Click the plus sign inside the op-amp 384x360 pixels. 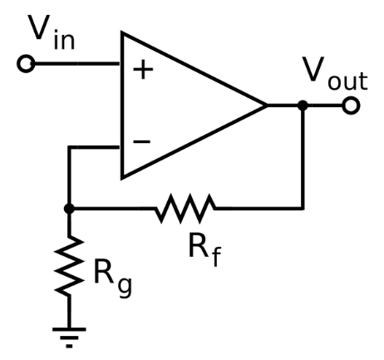click(x=143, y=69)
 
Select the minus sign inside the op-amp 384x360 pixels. click(x=142, y=142)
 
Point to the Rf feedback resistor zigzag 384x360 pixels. click(x=185, y=209)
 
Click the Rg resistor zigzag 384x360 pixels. click(x=69, y=266)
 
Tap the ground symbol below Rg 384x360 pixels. click(x=69, y=338)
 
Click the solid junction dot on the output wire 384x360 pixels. click(x=303, y=106)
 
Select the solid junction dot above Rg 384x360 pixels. click(x=69, y=209)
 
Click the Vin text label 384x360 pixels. click(x=52, y=32)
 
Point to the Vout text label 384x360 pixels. click(x=335, y=73)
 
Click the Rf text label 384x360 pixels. click(x=205, y=249)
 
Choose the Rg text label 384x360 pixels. click(x=113, y=279)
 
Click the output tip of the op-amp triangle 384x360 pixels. click(x=267, y=106)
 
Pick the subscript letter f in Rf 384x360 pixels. click(x=216, y=256)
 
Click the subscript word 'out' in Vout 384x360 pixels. click(x=348, y=81)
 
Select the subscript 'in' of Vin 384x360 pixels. click(x=65, y=41)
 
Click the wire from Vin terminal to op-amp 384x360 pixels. click(x=77, y=64)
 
